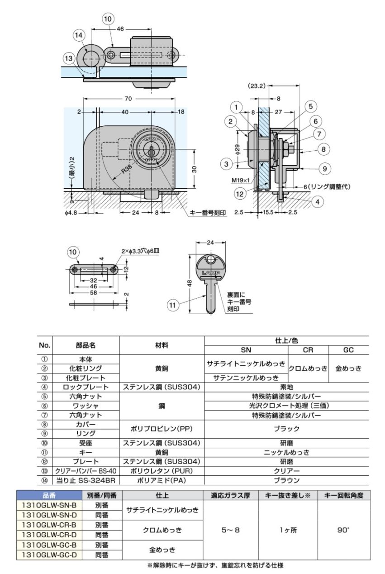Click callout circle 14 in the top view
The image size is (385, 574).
coord(78,35)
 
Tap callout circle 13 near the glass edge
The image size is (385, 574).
coord(69,58)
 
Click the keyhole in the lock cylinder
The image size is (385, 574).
coord(150,150)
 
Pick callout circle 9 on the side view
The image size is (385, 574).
coord(324,169)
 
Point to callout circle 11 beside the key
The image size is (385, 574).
coord(172,306)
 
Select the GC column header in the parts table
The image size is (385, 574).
coord(348,350)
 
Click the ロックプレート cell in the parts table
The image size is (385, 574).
coord(86,387)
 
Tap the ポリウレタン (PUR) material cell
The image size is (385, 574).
coord(162,471)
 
